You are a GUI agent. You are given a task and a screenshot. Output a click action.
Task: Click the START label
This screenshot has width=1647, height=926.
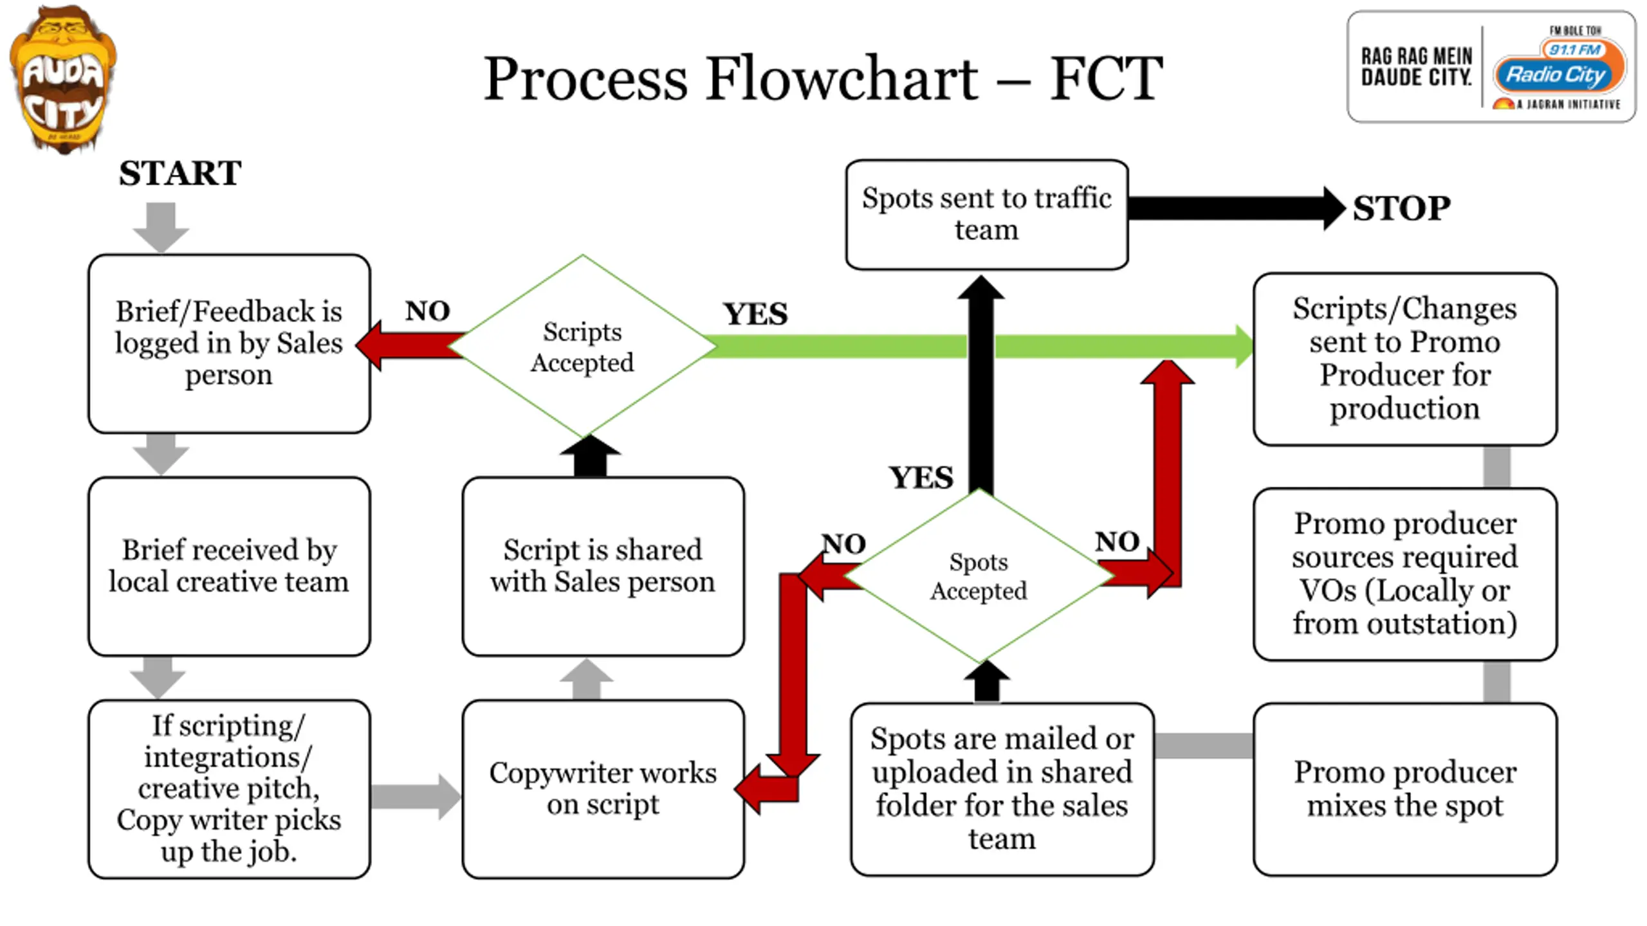(x=180, y=173)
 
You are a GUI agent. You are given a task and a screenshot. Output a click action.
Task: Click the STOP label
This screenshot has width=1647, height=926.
(x=1401, y=208)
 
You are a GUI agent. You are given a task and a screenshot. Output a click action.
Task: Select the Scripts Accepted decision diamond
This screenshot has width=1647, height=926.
(x=582, y=347)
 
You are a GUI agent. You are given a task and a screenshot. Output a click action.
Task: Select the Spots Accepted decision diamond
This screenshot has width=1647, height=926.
(x=979, y=576)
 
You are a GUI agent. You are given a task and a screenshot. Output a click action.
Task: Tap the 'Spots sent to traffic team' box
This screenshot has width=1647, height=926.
(x=987, y=214)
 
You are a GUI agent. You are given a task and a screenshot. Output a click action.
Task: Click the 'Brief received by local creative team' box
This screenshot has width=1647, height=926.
(x=229, y=567)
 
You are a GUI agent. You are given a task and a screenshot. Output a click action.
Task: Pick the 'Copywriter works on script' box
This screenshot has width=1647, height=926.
(x=603, y=789)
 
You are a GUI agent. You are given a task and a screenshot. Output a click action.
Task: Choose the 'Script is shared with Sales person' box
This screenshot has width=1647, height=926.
(x=603, y=567)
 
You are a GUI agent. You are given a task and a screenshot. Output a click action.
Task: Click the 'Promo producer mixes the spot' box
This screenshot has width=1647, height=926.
(x=1405, y=789)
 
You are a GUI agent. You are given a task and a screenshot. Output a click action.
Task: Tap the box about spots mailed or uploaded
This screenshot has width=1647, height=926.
(x=1002, y=789)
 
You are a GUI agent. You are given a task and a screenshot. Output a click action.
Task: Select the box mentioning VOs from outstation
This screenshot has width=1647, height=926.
(x=1405, y=574)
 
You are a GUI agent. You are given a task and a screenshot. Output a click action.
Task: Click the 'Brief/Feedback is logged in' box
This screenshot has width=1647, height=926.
(x=229, y=343)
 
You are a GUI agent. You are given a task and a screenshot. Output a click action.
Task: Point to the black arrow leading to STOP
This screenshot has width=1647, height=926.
(x=1237, y=208)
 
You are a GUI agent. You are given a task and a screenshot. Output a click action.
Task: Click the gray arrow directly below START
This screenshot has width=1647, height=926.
(x=161, y=228)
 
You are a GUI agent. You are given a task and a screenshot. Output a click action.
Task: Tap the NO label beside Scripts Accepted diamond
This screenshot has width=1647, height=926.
(x=427, y=311)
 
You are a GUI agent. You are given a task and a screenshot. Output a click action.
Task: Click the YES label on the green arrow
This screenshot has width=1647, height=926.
(x=755, y=314)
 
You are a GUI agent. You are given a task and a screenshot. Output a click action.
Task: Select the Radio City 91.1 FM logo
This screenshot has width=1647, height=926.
(x=1491, y=67)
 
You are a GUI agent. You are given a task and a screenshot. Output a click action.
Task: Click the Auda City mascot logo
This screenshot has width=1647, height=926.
(x=63, y=79)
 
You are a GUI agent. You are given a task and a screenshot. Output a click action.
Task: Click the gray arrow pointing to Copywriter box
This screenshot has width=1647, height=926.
(x=416, y=797)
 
